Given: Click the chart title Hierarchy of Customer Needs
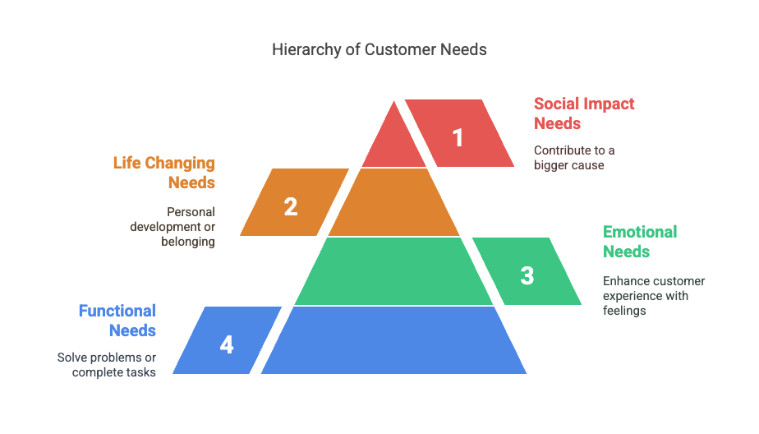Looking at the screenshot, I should (x=379, y=49).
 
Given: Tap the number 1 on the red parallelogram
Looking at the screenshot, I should (x=458, y=137).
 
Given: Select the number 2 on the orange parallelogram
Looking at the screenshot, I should (x=291, y=206).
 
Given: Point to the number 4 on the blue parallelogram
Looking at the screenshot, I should (x=227, y=344).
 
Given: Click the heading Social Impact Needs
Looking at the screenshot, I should (x=583, y=113).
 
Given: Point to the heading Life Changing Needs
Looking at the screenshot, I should (x=165, y=173).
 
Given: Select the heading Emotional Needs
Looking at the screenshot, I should (x=639, y=242).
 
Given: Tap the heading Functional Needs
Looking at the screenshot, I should (x=118, y=321).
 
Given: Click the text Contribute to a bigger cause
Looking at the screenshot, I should (x=573, y=158).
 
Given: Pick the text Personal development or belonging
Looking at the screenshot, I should (x=173, y=227).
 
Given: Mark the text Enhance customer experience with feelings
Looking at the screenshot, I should (x=653, y=296).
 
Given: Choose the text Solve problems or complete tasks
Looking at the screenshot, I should (x=108, y=365).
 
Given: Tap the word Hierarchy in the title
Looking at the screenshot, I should (x=303, y=50).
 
